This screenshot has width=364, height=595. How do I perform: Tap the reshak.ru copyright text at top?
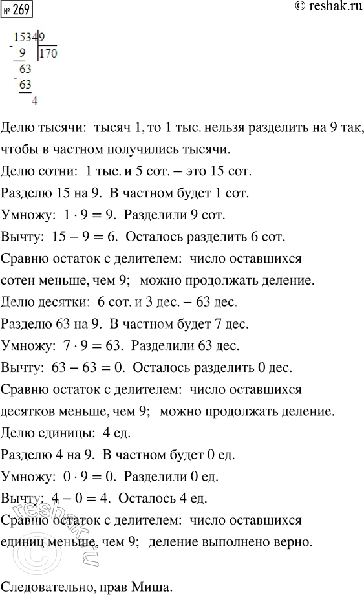(x=321, y=8)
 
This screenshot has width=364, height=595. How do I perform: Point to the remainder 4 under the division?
(x=34, y=100)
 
